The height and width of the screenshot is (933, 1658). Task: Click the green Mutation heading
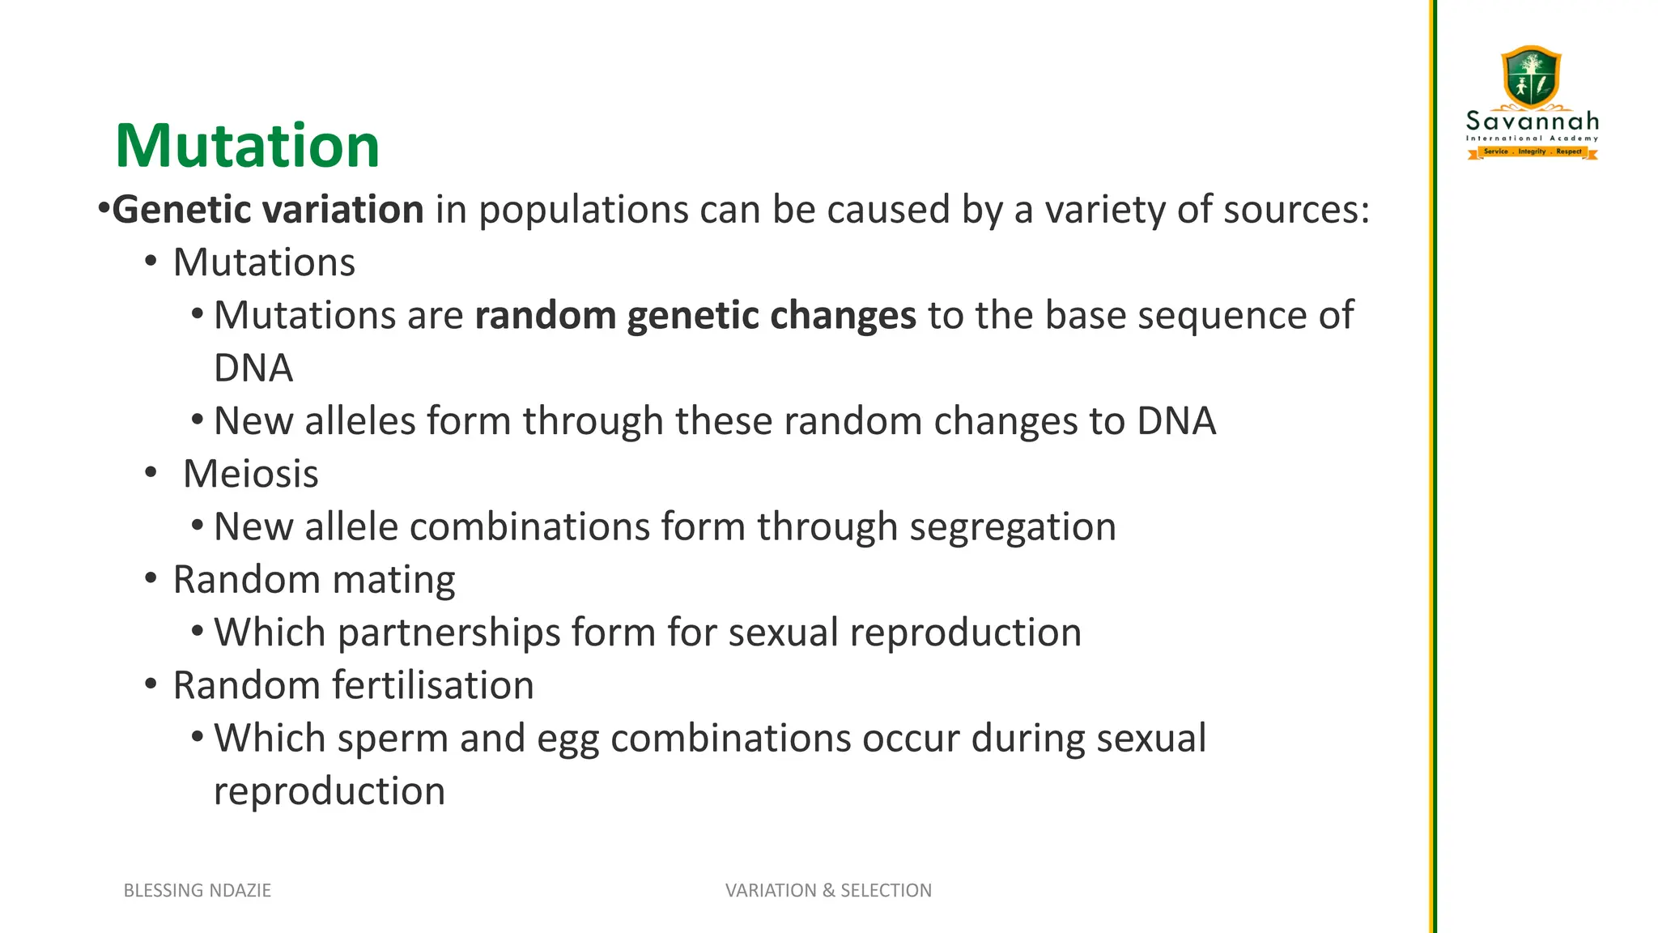coord(247,146)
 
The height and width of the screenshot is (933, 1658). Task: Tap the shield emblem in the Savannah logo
coord(1531,77)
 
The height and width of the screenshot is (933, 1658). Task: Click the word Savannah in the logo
coord(1533,122)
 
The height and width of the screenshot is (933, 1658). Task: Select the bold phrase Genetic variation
coord(268,210)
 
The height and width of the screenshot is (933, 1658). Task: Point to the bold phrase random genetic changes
coord(695,316)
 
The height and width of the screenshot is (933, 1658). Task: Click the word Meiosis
coord(251,474)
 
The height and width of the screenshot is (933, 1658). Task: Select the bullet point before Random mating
coord(151,579)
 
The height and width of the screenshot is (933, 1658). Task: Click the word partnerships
coord(449,633)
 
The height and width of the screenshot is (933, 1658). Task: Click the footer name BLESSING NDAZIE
coord(197,890)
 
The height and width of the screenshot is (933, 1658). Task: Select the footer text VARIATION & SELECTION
coord(828,890)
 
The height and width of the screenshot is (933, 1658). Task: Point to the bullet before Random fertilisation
coord(151,685)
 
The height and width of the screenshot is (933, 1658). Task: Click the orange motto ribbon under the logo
coord(1533,151)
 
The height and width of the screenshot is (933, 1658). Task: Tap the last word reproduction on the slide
coord(329,791)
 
